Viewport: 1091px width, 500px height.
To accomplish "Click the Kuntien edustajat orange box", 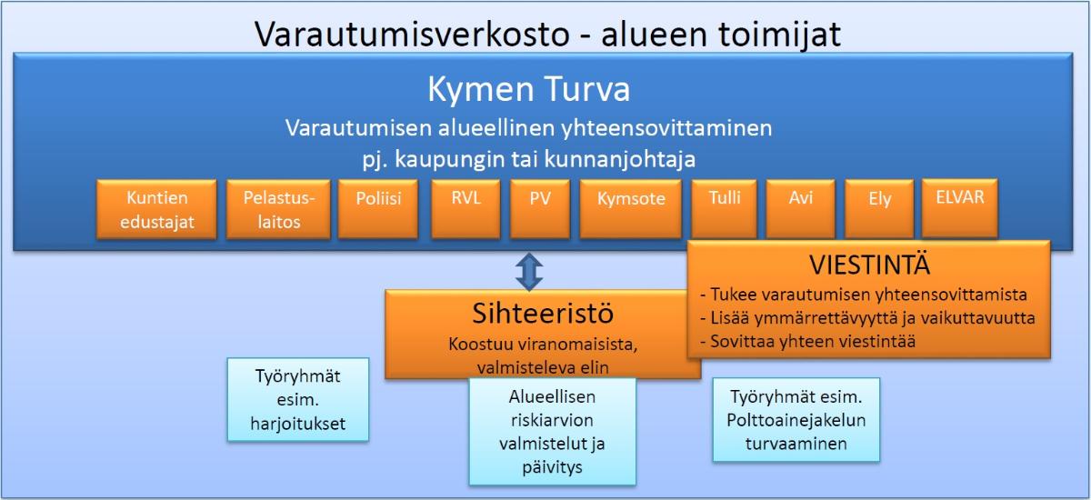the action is point(156,209).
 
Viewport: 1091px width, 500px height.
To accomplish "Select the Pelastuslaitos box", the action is point(278,209).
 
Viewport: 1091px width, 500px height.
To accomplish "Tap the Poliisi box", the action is point(378,209).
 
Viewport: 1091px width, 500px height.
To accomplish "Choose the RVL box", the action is point(465,209).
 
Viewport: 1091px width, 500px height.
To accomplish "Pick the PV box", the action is point(540,209).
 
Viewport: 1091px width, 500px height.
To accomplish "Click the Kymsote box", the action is point(631,209).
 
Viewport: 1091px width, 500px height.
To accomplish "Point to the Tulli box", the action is point(725,209).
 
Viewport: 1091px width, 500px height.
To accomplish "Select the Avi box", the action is point(801,209).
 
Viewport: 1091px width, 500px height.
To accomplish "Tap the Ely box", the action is point(879,209).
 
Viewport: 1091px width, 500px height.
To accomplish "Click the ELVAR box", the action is point(960,208).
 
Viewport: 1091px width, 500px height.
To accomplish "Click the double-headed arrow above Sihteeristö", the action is point(529,271).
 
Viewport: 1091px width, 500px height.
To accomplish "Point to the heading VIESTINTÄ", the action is point(869,265).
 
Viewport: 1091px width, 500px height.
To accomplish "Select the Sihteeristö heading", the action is point(543,313).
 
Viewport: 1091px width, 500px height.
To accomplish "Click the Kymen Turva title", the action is point(529,89).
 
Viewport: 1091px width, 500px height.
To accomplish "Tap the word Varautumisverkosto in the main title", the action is point(412,34).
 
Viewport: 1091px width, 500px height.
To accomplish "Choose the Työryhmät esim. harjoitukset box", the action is point(298,400).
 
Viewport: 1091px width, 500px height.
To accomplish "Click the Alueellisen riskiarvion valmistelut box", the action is point(553,431).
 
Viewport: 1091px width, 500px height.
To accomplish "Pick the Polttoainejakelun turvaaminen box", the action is point(796,420).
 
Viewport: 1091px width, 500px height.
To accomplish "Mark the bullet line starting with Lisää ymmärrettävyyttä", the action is point(867,318).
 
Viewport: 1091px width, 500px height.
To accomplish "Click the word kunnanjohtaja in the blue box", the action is point(619,160).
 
